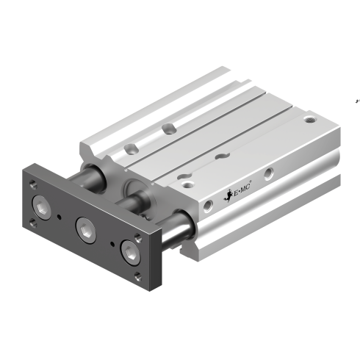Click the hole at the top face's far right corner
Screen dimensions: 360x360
pos(312,117)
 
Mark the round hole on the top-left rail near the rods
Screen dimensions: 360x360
pos(130,149)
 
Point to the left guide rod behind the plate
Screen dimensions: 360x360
pos(93,176)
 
